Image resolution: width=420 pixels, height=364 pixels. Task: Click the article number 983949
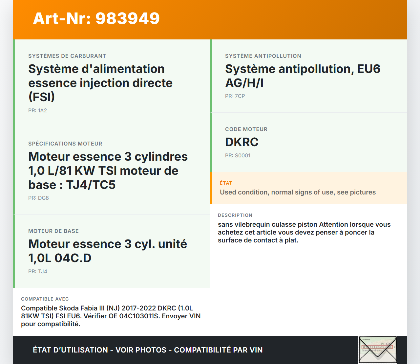point(127,18)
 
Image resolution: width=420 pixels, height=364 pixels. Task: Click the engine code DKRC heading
point(241,142)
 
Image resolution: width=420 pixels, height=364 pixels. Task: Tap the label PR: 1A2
point(38,110)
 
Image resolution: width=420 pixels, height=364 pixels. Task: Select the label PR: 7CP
point(235,96)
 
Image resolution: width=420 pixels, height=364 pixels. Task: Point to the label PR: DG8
point(38,198)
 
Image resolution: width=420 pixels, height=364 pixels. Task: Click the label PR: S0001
point(238,156)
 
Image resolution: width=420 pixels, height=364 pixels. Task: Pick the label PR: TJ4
point(38,272)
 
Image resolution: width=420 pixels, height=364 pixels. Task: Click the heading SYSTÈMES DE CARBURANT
point(67,56)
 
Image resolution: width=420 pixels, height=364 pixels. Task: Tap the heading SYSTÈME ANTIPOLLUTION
point(263,56)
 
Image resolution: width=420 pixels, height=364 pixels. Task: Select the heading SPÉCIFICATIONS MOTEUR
point(65,144)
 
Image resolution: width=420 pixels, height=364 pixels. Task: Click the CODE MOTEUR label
point(246,129)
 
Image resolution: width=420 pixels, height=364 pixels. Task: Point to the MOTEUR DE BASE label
point(53,231)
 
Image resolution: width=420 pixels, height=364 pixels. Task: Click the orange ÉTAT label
point(226,183)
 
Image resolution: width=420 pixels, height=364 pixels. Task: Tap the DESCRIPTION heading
point(235,215)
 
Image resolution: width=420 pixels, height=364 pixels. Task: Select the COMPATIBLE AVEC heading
point(45,299)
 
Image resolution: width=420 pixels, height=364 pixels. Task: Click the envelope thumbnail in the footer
point(378,350)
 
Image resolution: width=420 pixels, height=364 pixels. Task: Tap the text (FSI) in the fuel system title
point(42,97)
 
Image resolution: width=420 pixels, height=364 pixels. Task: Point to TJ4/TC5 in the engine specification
point(91,185)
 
